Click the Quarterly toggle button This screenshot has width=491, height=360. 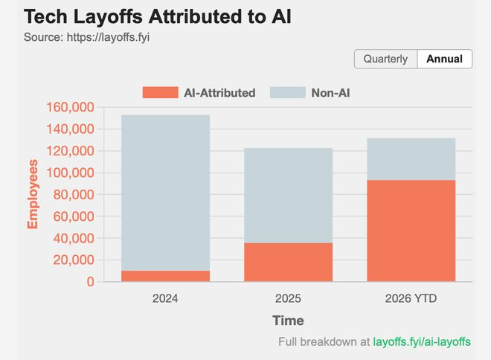(386, 59)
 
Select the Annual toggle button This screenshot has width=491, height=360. (445, 59)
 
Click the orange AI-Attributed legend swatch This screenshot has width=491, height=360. (161, 93)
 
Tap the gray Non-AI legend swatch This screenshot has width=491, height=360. (288, 93)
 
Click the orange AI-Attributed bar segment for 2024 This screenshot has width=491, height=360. (166, 276)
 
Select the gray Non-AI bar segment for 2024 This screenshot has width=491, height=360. (166, 193)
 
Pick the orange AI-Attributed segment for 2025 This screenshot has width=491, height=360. (289, 263)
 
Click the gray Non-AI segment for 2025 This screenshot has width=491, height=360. (289, 196)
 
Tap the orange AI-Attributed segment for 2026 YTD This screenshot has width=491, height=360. (411, 231)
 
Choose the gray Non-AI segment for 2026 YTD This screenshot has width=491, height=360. (411, 159)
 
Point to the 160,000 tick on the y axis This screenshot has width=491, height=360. (70, 107)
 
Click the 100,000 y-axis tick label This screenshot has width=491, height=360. (70, 173)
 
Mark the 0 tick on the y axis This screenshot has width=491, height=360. (91, 282)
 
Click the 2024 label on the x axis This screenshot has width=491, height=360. (165, 298)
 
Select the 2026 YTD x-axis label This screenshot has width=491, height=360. (411, 298)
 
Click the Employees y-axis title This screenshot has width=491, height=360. (33, 194)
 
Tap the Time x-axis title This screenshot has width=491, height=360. (288, 321)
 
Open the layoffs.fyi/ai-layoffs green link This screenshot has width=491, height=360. (422, 342)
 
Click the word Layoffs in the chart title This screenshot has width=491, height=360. (109, 16)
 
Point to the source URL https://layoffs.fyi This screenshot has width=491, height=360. (108, 37)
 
